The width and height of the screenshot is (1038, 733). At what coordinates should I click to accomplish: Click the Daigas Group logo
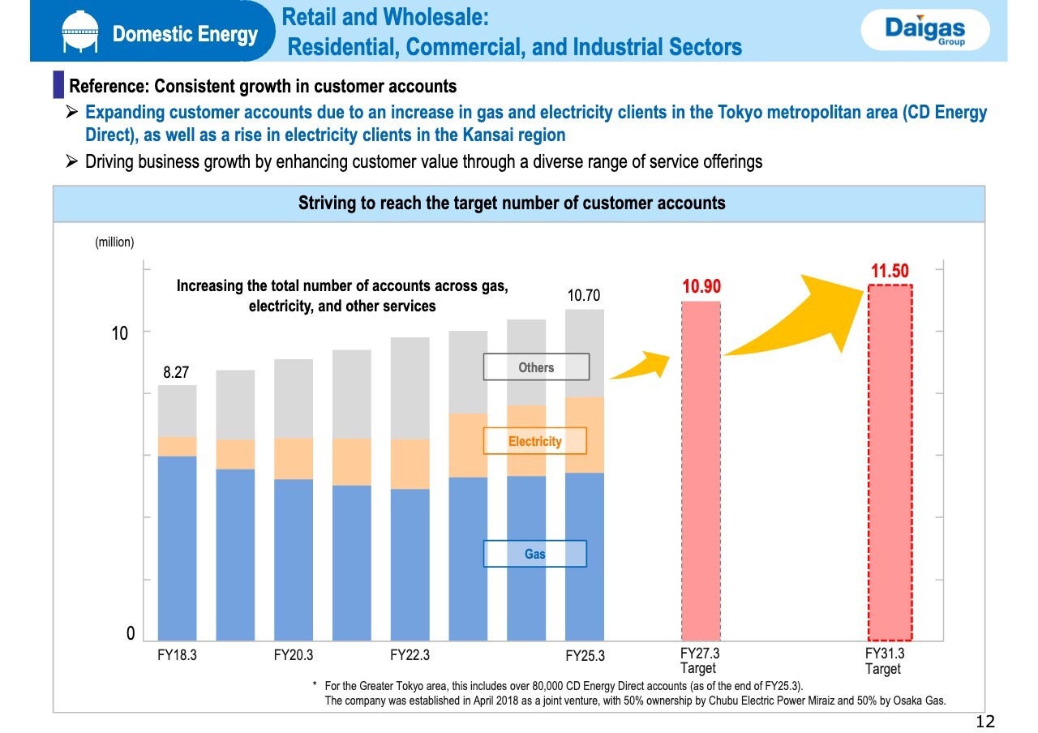[x=925, y=32]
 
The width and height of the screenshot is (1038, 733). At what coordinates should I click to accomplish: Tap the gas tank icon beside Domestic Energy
[x=79, y=34]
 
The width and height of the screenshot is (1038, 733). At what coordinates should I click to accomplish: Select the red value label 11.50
[x=890, y=272]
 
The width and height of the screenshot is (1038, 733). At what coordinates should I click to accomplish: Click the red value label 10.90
[x=701, y=287]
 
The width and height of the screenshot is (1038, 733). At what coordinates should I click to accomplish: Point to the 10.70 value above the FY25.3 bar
[x=584, y=296]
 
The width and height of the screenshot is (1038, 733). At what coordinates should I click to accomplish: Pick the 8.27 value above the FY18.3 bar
[x=176, y=372]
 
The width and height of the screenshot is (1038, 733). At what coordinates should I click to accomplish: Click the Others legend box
[x=536, y=367]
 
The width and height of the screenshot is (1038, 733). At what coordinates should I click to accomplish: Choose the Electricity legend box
[x=534, y=441]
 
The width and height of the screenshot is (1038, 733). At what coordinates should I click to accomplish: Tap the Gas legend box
[x=534, y=554]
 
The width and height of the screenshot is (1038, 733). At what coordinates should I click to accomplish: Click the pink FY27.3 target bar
[x=701, y=470]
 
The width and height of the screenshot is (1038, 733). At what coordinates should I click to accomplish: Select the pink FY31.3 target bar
[x=890, y=462]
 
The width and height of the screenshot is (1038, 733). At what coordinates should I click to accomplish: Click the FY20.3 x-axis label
[x=294, y=655]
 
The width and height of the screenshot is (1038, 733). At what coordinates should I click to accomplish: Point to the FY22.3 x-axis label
[x=410, y=655]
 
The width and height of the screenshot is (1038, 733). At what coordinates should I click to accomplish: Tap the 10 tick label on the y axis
[x=120, y=333]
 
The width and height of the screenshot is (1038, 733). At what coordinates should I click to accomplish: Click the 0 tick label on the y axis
[x=131, y=634]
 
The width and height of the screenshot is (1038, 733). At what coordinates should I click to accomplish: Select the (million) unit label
[x=114, y=242]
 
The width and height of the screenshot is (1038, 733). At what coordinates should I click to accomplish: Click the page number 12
[x=984, y=722]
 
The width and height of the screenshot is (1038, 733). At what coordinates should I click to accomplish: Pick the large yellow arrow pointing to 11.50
[x=803, y=320]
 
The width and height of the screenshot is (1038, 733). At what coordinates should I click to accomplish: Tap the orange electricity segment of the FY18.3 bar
[x=177, y=447]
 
